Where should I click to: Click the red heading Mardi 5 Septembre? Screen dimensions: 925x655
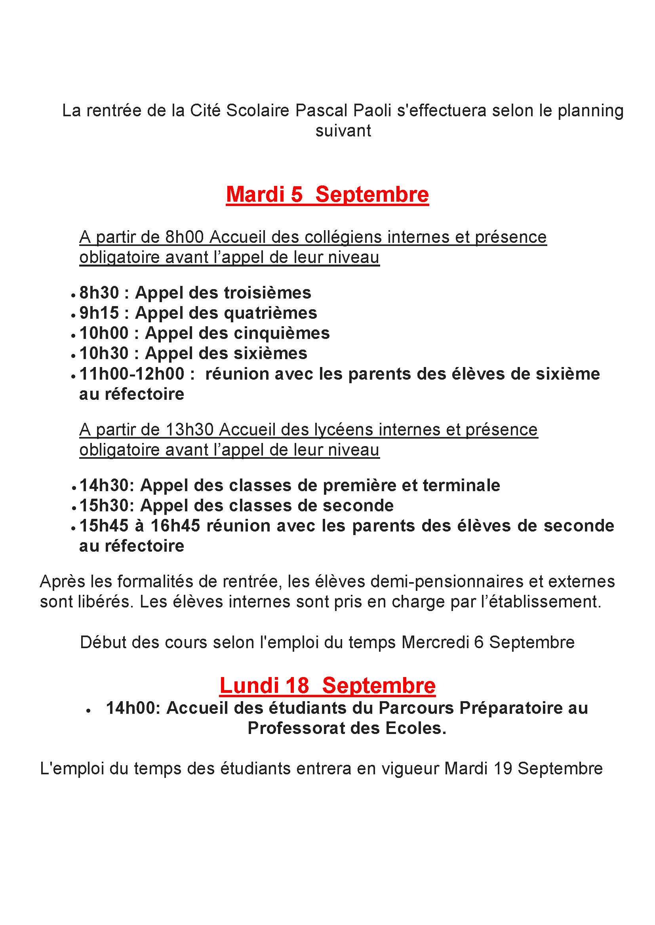tap(327, 195)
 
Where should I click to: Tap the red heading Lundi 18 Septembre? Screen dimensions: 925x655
tap(327, 685)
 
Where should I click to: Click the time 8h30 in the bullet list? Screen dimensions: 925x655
tap(99, 293)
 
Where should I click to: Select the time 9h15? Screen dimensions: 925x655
tap(99, 313)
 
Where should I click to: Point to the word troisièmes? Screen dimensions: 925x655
tap(267, 293)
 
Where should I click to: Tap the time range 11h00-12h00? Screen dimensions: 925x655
tap(132, 374)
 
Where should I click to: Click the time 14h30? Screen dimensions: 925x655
tap(105, 486)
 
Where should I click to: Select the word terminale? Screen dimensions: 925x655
tap(461, 486)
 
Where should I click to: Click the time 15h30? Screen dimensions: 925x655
tap(105, 506)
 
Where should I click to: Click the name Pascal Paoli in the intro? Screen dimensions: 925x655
tap(343, 111)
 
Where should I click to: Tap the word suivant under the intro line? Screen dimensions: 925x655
tap(343, 131)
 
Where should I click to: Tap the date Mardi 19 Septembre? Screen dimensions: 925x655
tap(524, 768)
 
